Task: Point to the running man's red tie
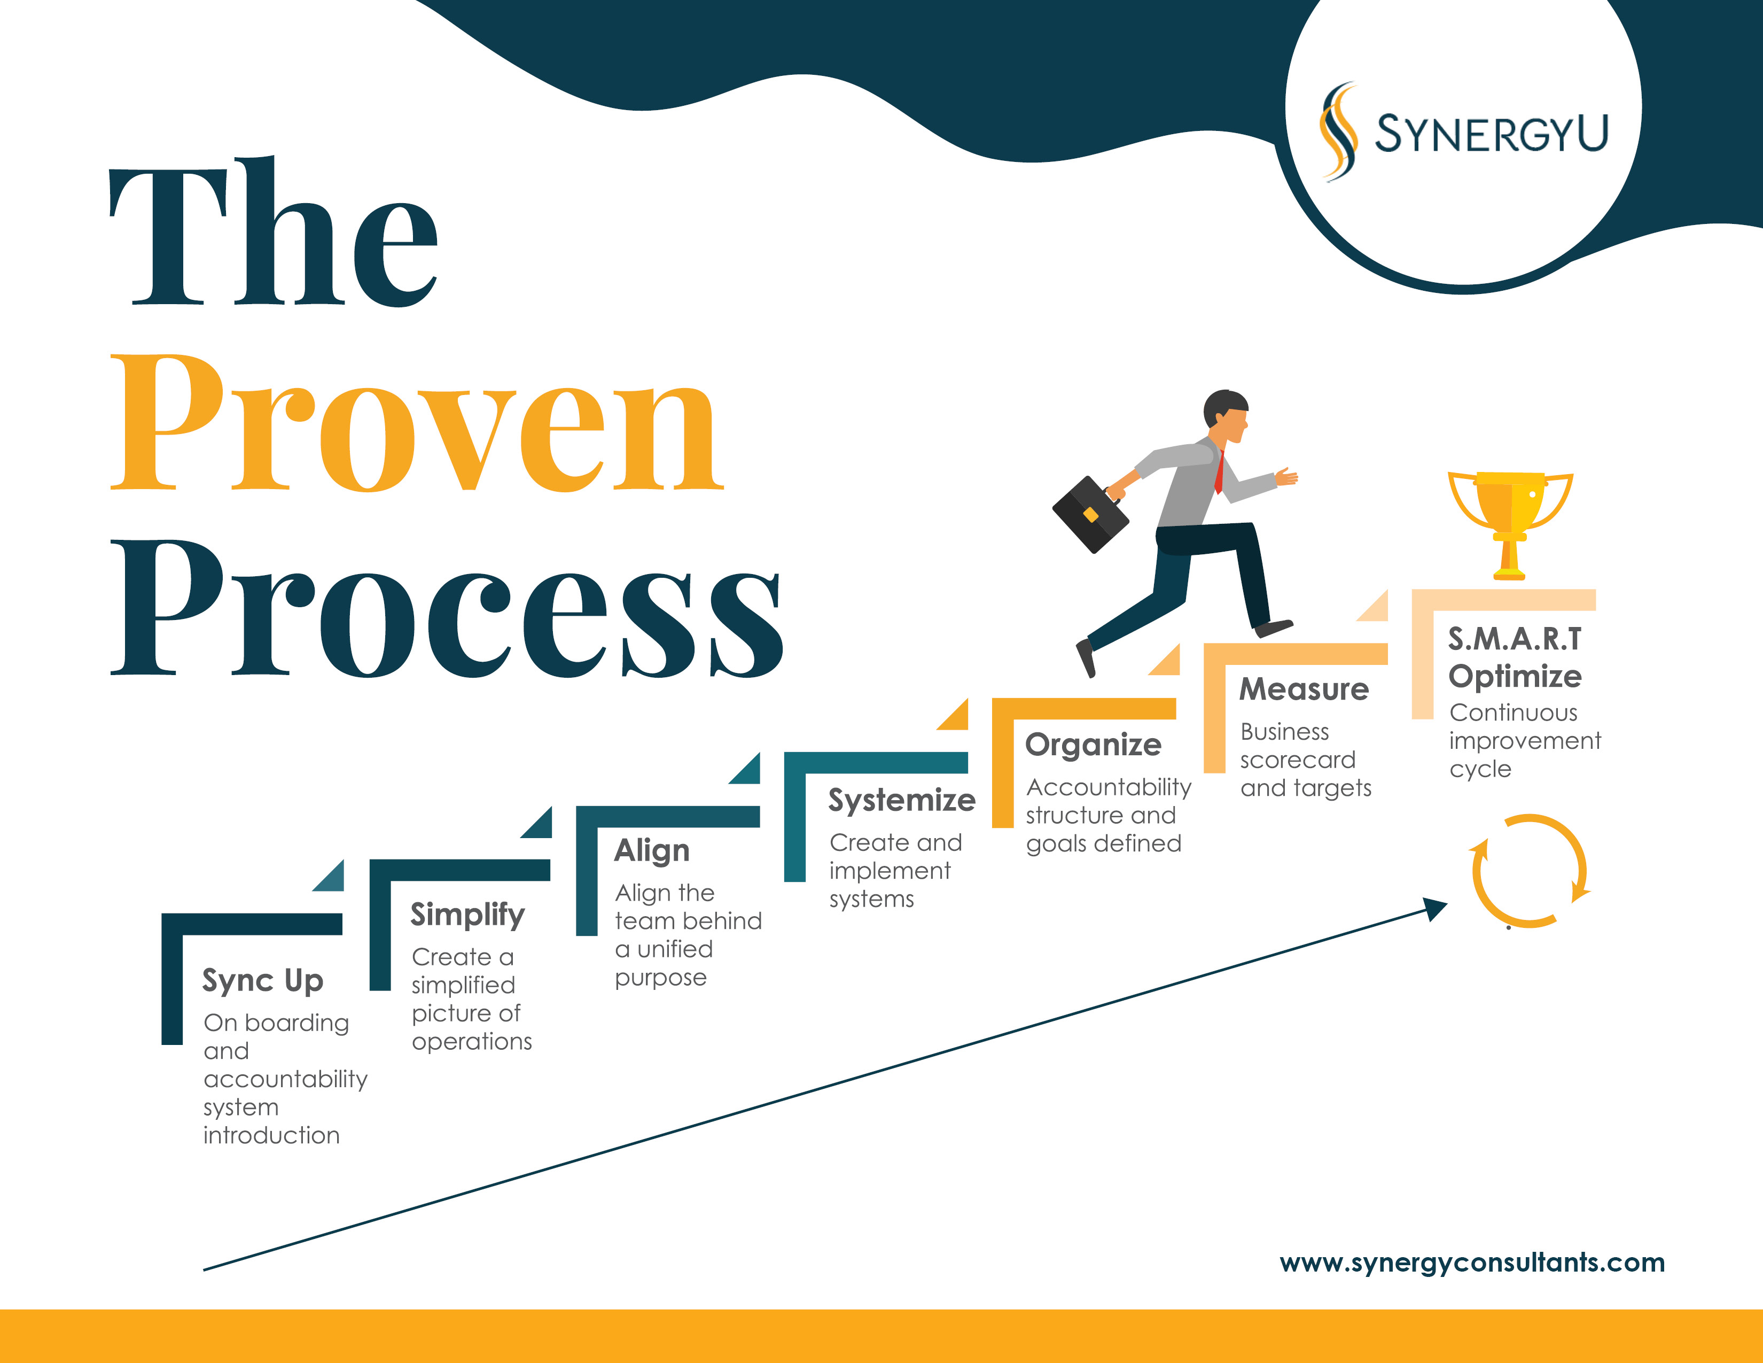(x=1220, y=473)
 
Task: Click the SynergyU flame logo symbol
(x=1338, y=131)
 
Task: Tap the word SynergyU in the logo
(x=1492, y=133)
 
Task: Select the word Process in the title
(x=447, y=610)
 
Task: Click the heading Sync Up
(x=263, y=981)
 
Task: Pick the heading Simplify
(x=467, y=915)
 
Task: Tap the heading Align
(x=652, y=851)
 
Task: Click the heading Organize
(x=1093, y=745)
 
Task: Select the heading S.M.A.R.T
(x=1515, y=639)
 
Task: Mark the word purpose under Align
(x=660, y=979)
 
